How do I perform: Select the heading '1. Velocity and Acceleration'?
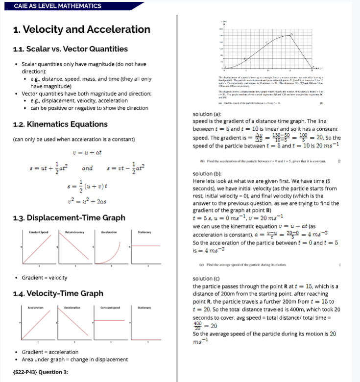(x=72, y=29)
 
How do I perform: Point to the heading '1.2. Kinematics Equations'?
(x=60, y=124)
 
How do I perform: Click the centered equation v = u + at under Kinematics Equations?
(x=87, y=152)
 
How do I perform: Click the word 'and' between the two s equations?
(x=87, y=168)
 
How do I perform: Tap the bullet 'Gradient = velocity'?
(x=45, y=278)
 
